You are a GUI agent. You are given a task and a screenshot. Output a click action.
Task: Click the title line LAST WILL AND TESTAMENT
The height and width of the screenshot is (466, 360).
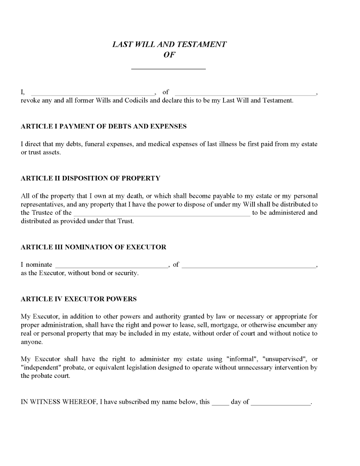point(170,45)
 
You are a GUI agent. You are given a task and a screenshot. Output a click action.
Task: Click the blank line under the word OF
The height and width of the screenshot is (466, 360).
point(168,68)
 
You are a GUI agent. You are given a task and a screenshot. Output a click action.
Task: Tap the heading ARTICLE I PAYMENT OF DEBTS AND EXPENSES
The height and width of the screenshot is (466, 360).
point(104,127)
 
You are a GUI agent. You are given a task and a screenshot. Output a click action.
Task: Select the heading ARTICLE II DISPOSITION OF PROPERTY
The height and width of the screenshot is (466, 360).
point(90,178)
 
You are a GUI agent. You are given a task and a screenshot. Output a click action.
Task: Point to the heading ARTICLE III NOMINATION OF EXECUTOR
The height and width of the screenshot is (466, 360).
point(93,247)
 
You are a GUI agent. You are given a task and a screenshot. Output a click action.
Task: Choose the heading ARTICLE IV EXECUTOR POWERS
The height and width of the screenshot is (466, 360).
point(79,299)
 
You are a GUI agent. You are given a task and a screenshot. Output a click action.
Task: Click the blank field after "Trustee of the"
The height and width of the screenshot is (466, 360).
point(162,213)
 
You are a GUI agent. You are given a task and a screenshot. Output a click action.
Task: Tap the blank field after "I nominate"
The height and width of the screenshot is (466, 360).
point(112,265)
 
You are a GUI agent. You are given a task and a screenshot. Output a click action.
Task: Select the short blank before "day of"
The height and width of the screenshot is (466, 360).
point(220,403)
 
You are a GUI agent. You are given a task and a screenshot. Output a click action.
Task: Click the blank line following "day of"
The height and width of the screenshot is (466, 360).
point(281,403)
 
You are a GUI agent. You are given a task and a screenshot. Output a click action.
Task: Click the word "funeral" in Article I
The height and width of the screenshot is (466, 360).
point(96,144)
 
